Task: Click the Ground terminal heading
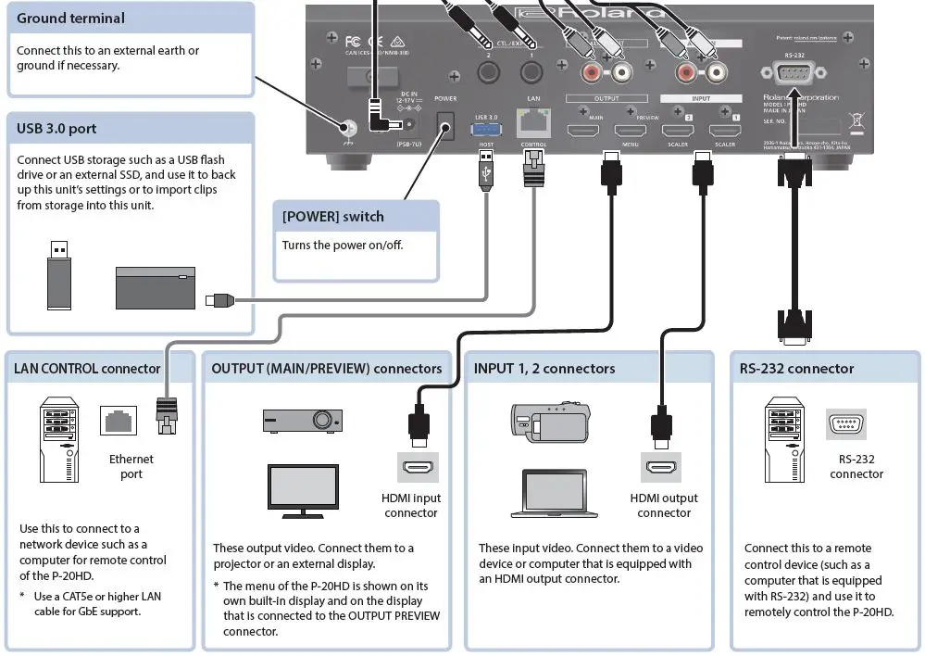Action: [70, 18]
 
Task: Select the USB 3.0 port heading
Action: [56, 129]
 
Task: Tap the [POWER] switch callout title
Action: [332, 217]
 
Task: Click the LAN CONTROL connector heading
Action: [87, 369]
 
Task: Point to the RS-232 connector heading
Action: [796, 369]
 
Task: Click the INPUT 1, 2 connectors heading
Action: [544, 369]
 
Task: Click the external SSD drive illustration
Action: [156, 288]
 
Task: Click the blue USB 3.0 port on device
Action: [486, 131]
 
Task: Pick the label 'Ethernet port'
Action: [131, 466]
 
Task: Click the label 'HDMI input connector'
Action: [411, 505]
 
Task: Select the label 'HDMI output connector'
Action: [664, 505]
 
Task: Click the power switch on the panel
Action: [445, 126]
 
